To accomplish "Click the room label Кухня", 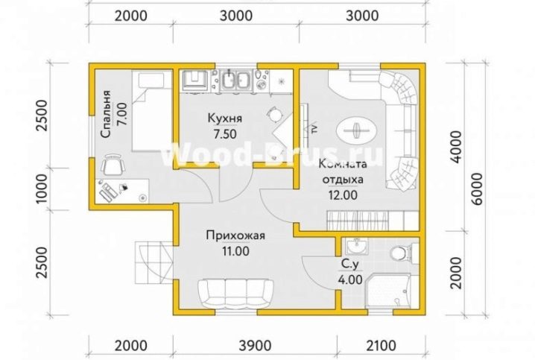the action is (x=225, y=119).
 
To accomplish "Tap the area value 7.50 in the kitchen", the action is (x=225, y=134).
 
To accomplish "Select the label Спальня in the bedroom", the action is (x=107, y=114).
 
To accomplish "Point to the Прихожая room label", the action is (x=235, y=236).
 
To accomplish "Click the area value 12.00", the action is (x=343, y=195).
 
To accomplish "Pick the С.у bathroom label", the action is (x=350, y=265).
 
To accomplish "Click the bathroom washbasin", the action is (x=357, y=247).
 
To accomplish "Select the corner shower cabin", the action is (x=392, y=291).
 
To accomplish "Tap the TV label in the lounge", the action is (x=314, y=129).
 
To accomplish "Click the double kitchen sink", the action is (x=235, y=81).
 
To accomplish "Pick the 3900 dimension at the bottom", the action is (x=256, y=346).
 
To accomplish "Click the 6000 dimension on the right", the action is (x=478, y=189).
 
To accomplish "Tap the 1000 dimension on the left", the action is (x=42, y=189).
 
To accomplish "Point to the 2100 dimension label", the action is (x=381, y=346).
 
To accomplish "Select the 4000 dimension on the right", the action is (x=457, y=147).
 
